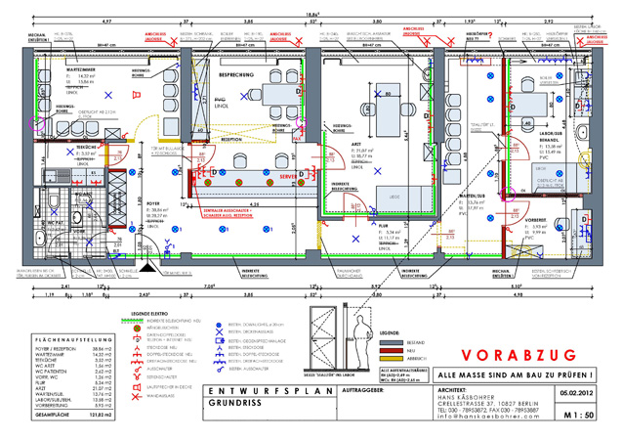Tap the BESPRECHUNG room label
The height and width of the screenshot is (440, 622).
click(x=238, y=74)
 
